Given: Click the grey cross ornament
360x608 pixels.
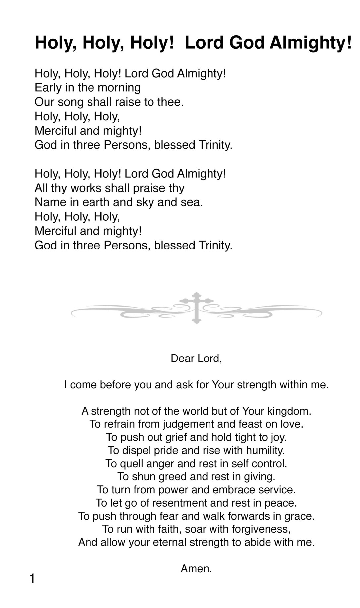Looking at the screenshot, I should click(197, 307).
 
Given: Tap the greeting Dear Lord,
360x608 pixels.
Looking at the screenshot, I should click(196, 359).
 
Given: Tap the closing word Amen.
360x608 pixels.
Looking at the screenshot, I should click(196, 569).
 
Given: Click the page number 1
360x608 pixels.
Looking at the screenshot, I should click(32, 579).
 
